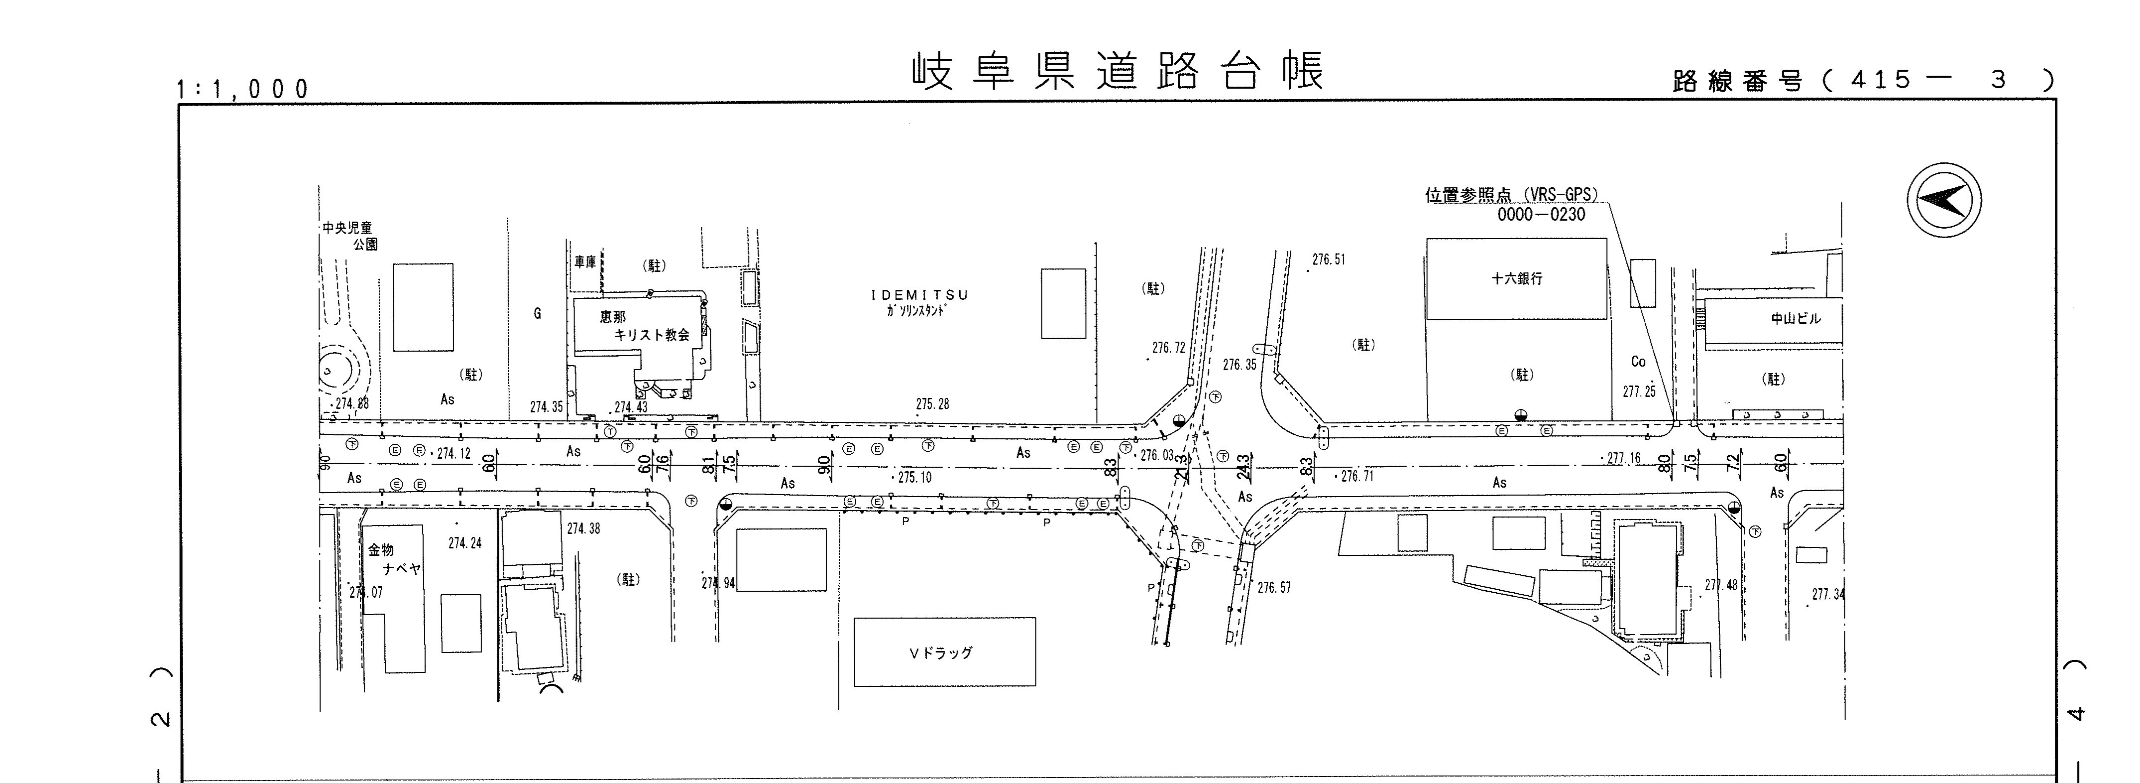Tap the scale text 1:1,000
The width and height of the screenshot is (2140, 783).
[x=242, y=89]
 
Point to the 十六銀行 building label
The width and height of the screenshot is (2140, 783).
[x=1516, y=278]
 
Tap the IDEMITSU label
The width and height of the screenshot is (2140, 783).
[x=919, y=295]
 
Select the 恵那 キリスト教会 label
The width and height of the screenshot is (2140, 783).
[x=644, y=326]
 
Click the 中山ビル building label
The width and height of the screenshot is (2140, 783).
[x=1795, y=318]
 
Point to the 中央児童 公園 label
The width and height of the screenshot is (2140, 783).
[x=349, y=235]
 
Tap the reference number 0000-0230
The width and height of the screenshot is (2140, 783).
[x=1541, y=215]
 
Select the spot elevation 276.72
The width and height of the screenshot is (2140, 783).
[x=1168, y=348]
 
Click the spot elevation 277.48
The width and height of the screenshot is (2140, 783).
[x=1720, y=585]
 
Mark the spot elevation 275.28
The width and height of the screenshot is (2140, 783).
[x=932, y=404]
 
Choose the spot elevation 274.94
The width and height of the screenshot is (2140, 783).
[x=718, y=583]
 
